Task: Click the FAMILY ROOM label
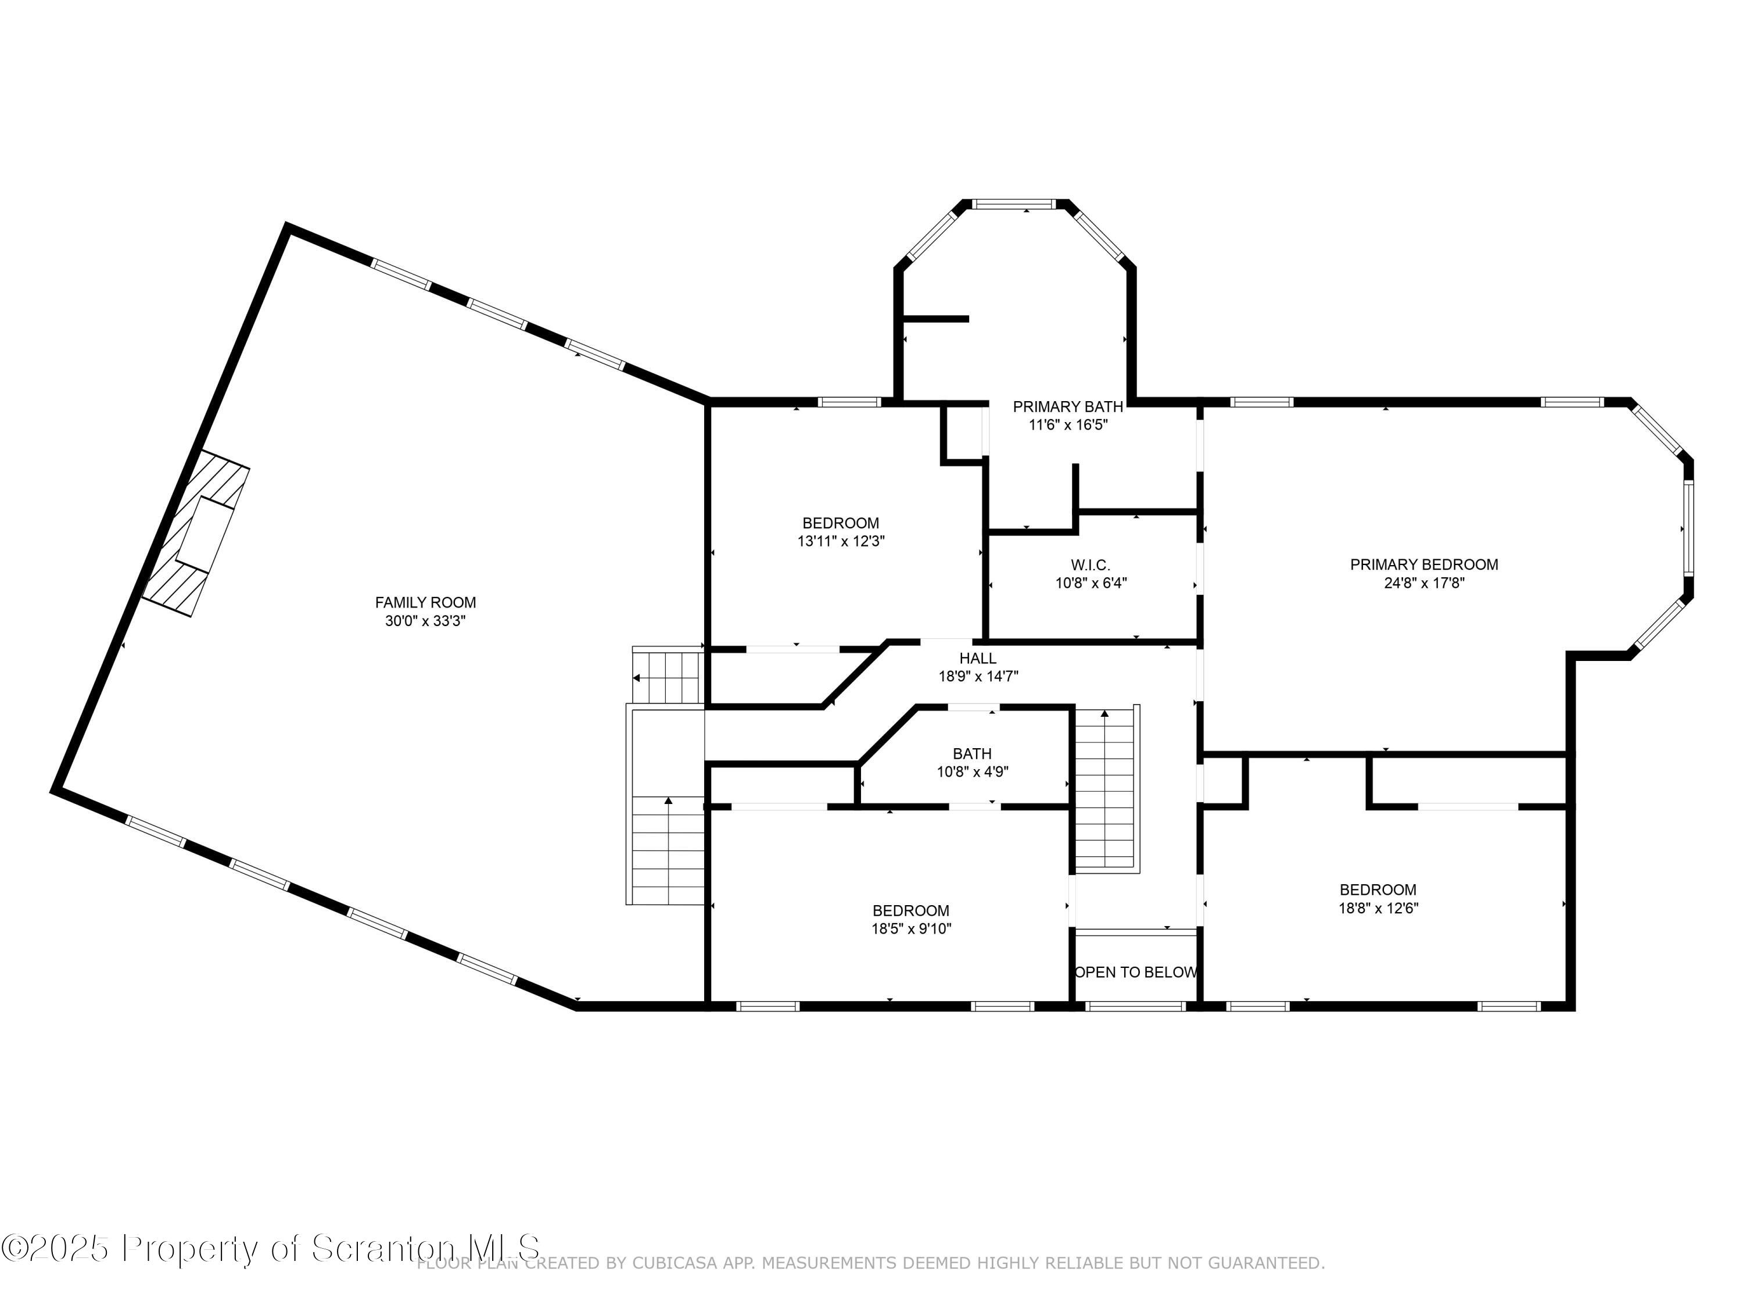click(425, 602)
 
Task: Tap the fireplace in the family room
click(197, 533)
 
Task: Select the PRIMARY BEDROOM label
click(1424, 564)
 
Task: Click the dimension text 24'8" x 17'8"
click(1424, 584)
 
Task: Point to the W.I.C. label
click(1091, 565)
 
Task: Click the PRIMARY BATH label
click(1068, 407)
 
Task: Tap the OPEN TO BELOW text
click(1135, 972)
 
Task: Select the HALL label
click(978, 657)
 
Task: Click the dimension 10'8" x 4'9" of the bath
click(973, 772)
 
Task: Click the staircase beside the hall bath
click(1106, 788)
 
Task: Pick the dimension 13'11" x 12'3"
click(841, 542)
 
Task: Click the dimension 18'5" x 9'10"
click(911, 929)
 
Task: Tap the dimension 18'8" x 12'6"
click(1378, 907)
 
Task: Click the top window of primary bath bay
click(1013, 204)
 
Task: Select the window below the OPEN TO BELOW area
click(1135, 1006)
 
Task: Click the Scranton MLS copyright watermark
click(272, 1248)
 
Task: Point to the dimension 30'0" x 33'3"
click(425, 621)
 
